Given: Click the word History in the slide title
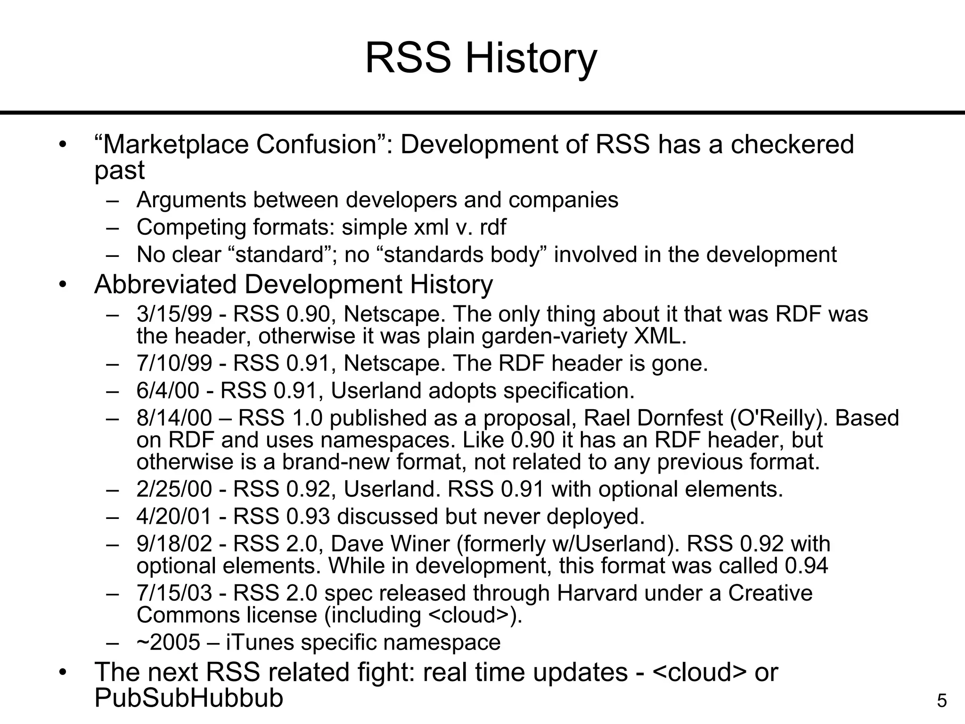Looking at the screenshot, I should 531,58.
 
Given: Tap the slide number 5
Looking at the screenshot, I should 941,701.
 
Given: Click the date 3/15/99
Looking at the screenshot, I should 174,314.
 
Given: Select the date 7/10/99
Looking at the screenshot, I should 174,363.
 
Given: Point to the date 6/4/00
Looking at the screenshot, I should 168,391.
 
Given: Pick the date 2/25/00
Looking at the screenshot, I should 174,489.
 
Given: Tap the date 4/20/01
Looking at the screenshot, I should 174,517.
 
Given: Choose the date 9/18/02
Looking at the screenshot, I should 174,544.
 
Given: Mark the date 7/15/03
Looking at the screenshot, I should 174,593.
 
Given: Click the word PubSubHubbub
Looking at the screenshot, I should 188,698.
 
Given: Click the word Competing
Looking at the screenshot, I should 191,227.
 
